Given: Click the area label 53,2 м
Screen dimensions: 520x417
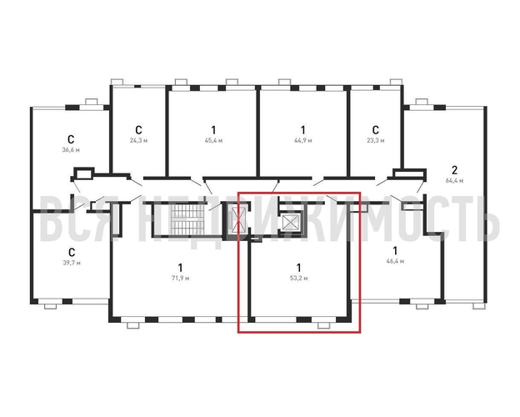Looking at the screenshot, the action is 298,279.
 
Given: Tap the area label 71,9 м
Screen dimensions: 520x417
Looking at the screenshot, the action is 180,279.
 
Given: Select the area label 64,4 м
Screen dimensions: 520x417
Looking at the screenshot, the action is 454,181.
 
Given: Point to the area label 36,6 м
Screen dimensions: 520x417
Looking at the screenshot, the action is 71,150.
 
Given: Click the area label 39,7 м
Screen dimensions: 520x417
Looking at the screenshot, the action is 72,263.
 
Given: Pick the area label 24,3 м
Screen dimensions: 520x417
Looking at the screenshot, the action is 138,140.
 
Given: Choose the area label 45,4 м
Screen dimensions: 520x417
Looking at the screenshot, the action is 213,140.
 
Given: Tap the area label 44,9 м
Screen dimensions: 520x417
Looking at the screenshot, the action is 302,140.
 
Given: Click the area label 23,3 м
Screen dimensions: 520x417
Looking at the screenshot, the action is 375,140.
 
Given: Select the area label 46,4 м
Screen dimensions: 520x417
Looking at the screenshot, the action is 395,261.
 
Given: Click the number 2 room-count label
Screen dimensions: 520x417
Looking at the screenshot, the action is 454,170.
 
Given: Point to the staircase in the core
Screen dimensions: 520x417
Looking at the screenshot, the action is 187,219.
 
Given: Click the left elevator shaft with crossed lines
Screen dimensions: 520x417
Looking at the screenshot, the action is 238,220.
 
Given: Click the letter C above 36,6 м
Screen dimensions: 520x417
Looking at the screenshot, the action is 71,138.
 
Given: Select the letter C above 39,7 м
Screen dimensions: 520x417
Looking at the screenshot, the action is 72,252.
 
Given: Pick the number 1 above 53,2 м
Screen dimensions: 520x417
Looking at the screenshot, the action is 299,267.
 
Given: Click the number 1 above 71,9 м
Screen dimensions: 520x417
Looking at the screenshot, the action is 180,267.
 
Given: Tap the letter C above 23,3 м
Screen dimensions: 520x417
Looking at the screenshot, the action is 375,129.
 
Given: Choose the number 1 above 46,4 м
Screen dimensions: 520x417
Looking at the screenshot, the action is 395,250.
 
